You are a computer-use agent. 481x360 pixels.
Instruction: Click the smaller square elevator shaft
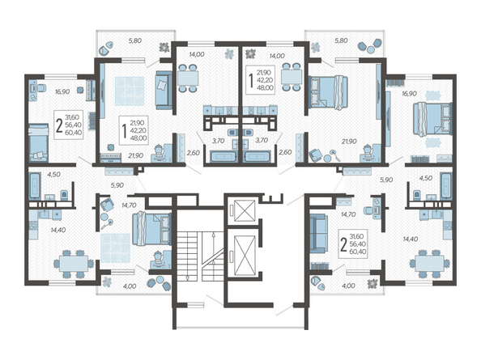[245, 210]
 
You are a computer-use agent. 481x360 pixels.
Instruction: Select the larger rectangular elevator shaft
[245, 255]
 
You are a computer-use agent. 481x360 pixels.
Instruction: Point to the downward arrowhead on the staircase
[187, 277]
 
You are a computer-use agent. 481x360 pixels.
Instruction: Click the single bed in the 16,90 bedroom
[39, 142]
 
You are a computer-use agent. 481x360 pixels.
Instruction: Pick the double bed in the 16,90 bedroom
[432, 119]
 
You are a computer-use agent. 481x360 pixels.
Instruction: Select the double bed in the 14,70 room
[152, 228]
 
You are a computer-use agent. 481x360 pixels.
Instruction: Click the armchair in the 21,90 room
[315, 155]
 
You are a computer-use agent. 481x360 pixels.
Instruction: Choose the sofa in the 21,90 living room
[164, 91]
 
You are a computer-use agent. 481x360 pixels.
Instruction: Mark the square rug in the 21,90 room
[130, 91]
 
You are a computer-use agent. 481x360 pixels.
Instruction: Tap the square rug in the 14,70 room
[116, 248]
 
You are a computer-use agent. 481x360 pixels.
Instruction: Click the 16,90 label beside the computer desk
[62, 91]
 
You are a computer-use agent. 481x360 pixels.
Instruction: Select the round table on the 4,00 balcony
[160, 279]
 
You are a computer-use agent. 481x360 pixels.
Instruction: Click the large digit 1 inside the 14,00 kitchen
[251, 80]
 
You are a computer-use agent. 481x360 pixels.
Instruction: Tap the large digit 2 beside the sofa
[343, 244]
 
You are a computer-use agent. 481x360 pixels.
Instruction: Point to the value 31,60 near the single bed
[72, 117]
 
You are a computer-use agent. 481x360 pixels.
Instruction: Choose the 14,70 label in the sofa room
[348, 214]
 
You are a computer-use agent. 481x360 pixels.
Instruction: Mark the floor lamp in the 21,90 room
[334, 155]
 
